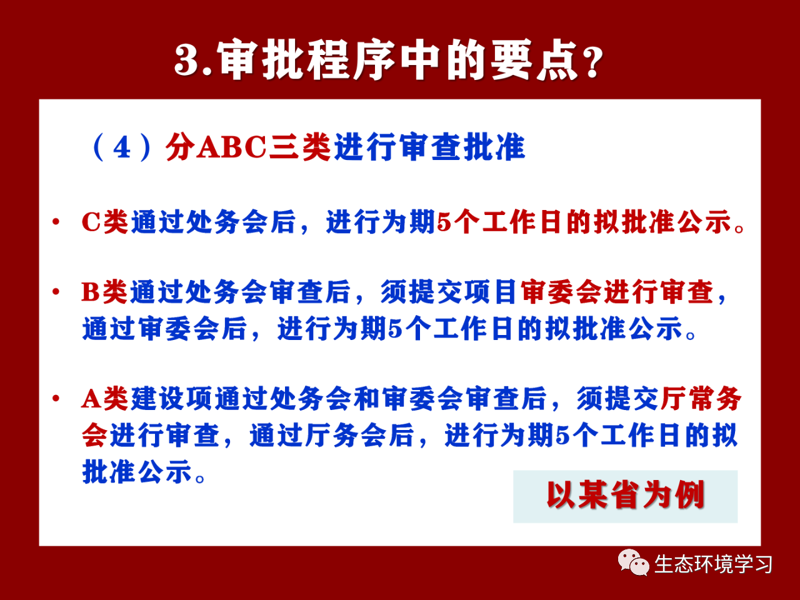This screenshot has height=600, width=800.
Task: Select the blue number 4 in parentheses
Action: [x=122, y=148]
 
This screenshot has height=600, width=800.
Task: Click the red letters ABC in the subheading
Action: [x=231, y=147]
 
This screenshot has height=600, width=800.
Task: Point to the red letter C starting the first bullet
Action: [x=91, y=221]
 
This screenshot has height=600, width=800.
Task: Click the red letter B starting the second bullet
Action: [x=91, y=291]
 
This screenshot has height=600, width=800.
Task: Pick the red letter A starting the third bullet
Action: [x=91, y=398]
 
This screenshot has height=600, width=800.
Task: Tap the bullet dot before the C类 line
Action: [x=56, y=221]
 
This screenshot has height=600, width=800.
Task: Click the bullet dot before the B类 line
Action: [x=56, y=291]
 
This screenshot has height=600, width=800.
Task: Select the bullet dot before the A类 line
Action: [x=56, y=398]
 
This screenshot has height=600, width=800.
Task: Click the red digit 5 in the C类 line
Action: [x=444, y=222]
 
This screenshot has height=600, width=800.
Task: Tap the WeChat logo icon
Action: [x=634, y=562]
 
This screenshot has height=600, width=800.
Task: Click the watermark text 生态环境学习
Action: [x=713, y=564]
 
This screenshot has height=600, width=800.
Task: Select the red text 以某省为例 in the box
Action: [x=626, y=495]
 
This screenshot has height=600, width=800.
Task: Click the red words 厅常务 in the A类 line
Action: [x=701, y=398]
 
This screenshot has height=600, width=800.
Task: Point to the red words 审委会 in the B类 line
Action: [x=561, y=291]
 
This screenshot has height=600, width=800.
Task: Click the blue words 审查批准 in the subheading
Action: [x=462, y=147]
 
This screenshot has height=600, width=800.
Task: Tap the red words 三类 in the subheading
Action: [x=299, y=147]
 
